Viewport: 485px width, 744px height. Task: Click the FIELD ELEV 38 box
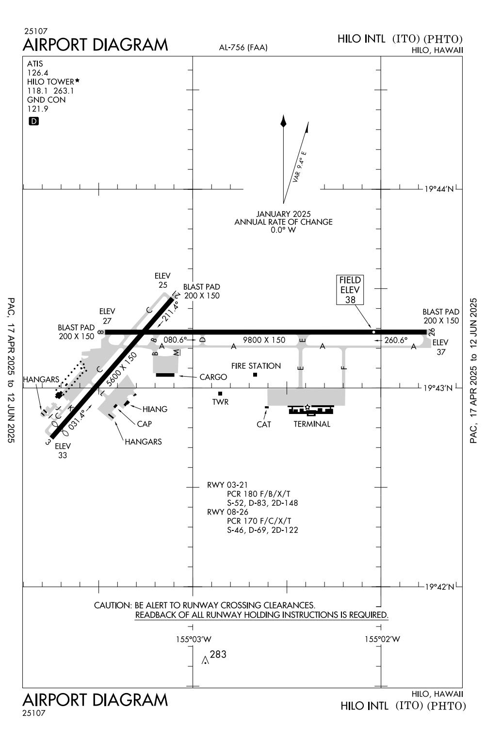pos(350,290)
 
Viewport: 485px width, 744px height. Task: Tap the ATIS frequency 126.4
pos(37,73)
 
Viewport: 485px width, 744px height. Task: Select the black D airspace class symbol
pos(33,121)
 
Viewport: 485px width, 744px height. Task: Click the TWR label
pos(220,402)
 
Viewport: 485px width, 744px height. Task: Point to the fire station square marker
pos(255,375)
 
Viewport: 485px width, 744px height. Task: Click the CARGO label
pos(213,377)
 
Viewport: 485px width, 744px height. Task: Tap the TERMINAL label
pos(312,424)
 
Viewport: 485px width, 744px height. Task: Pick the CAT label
pos(263,424)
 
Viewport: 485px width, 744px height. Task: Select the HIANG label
pos(155,409)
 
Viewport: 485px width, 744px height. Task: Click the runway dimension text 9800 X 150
pos(264,340)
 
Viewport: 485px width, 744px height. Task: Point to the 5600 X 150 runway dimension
pos(121,369)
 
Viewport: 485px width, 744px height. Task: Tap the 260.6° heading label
pos(396,340)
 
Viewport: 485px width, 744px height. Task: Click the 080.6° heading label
pos(175,340)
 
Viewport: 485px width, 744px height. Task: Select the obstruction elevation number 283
pos(218,654)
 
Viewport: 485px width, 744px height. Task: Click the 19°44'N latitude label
pos(439,189)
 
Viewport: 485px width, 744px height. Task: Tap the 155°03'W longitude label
pos(194,639)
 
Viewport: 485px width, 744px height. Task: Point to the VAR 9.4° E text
pos(299,167)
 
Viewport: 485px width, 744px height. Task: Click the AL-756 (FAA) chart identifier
pos(243,48)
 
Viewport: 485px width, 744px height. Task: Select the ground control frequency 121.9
pos(37,109)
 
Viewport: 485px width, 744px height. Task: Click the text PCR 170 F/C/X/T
pos(259,521)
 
